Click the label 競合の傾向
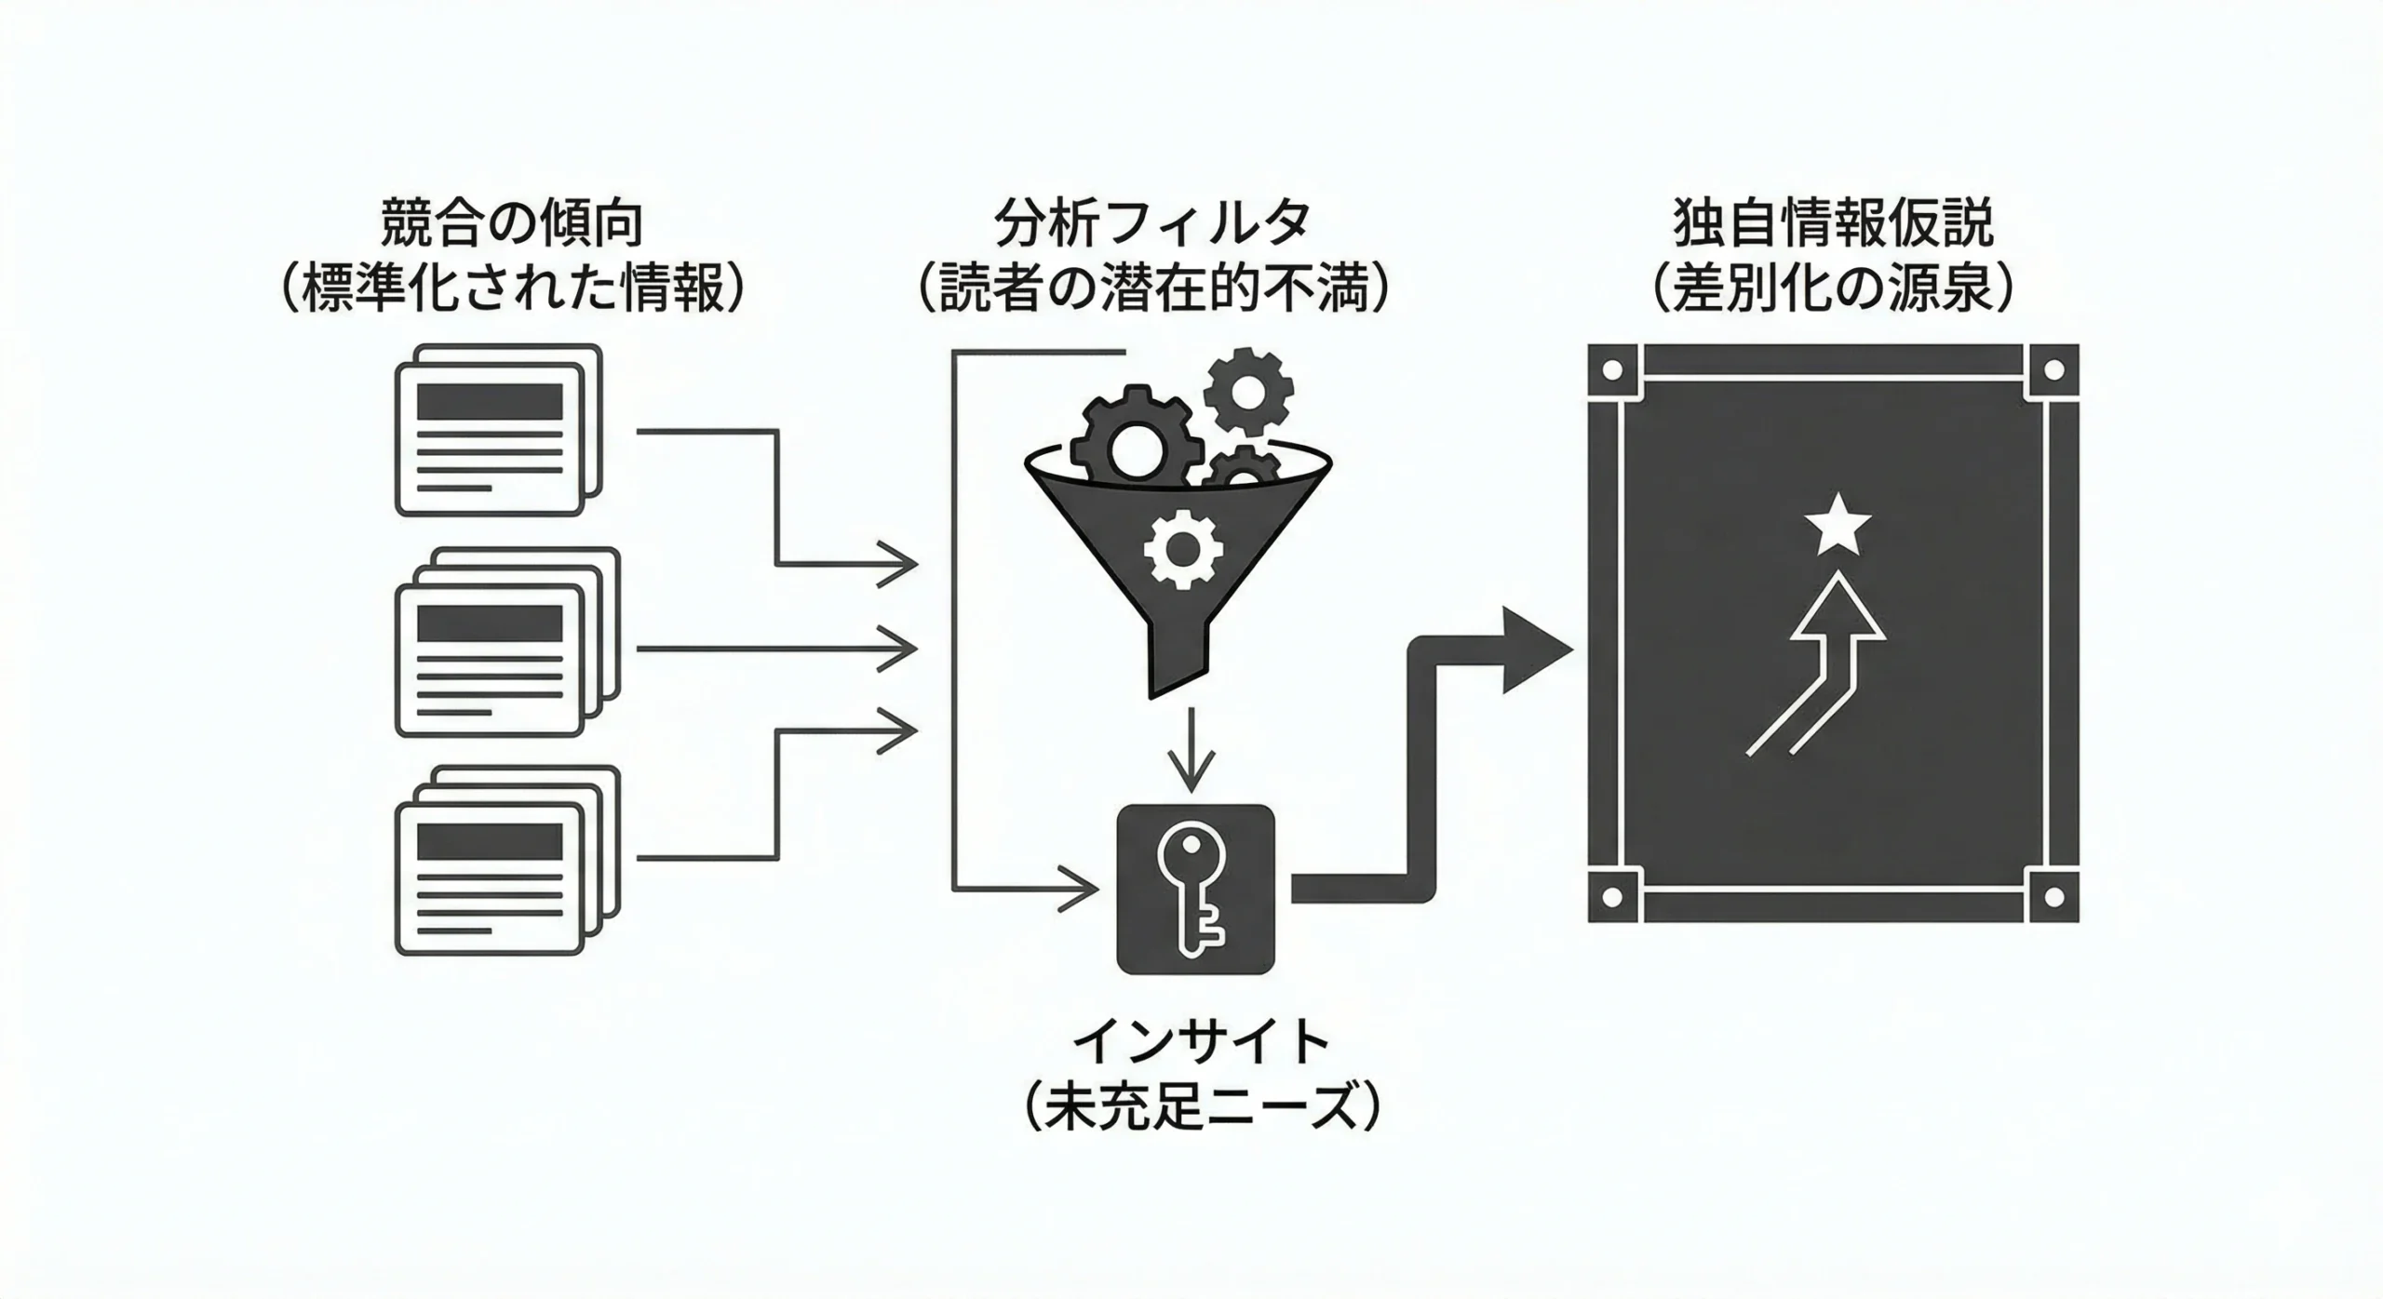[511, 224]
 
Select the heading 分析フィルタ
[1152, 224]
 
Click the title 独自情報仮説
[1833, 224]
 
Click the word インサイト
[1201, 1043]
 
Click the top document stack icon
[498, 430]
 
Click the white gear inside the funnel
[1182, 550]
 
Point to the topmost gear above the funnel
[1248, 391]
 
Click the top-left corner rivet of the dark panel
[1613, 370]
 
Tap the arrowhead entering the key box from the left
[1081, 889]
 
